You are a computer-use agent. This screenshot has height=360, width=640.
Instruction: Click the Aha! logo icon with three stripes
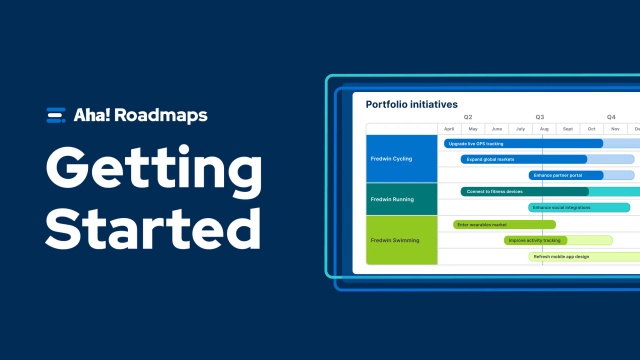[56, 115]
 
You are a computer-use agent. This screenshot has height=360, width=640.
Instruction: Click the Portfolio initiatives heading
[411, 104]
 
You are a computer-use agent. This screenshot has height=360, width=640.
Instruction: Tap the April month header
[449, 129]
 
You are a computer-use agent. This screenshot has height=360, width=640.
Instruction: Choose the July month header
[520, 129]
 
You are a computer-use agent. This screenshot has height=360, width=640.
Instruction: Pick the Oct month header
[592, 129]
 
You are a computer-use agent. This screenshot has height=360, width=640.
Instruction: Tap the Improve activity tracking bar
[535, 240]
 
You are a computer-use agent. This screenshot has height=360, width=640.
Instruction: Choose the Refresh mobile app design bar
[570, 256]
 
